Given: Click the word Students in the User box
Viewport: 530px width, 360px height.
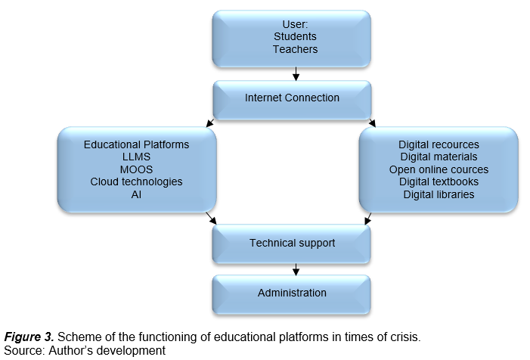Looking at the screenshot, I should click(x=295, y=36).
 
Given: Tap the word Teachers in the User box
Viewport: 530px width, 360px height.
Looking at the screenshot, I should click(x=295, y=49).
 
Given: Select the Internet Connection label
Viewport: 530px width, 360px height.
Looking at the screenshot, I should click(x=292, y=98).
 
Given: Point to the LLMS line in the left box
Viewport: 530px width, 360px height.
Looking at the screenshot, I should click(x=136, y=157).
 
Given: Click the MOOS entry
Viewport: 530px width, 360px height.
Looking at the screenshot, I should click(x=136, y=169).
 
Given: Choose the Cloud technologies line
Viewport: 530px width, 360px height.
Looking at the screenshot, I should click(x=136, y=182).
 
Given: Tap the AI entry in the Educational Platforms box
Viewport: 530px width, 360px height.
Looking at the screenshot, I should click(x=136, y=194).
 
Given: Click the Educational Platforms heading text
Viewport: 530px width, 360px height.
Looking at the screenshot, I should click(x=136, y=144).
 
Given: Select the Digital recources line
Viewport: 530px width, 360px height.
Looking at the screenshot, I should click(x=439, y=144).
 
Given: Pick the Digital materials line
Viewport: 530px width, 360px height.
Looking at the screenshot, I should click(x=439, y=157).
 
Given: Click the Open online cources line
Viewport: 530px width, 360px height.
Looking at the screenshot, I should click(x=439, y=169).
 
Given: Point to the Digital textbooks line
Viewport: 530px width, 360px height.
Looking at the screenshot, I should click(x=439, y=182).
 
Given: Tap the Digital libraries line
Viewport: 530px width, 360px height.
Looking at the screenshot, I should click(x=439, y=194).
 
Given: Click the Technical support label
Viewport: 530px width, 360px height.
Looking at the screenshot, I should click(x=292, y=244).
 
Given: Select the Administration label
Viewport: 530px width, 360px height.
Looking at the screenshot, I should click(x=292, y=293).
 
